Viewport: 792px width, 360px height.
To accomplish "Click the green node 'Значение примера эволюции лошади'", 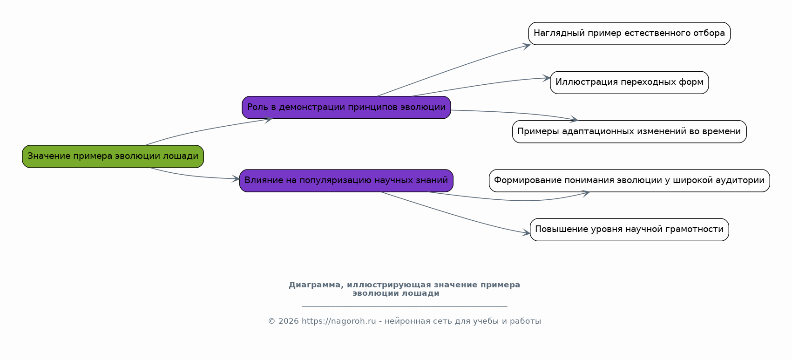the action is point(113,156).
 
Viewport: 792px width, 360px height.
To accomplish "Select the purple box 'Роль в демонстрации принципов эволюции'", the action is point(346,107).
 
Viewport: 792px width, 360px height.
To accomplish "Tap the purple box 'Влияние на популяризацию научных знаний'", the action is point(346,181).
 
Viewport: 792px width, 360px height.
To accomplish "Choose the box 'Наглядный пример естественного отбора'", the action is point(630,34).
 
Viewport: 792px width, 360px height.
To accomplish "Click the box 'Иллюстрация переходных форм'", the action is point(630,82).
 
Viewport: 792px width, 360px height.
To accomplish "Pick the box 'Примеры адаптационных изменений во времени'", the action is point(630,131).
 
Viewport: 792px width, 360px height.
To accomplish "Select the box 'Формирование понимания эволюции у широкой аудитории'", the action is point(630,181).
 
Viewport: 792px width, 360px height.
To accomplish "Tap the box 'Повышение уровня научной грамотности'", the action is point(630,230).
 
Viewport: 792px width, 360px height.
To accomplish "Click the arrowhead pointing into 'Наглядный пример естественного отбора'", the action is point(526,46).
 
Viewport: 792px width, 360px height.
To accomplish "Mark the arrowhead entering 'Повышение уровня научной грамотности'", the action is point(526,232).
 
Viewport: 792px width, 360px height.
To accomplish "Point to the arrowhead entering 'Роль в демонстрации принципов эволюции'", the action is point(268,120).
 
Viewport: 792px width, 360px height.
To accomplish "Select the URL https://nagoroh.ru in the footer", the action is point(338,321).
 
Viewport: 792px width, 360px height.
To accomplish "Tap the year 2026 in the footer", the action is point(289,321).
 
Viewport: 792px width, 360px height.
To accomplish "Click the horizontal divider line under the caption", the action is point(405,306).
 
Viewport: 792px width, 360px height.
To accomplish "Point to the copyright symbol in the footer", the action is point(271,321).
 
